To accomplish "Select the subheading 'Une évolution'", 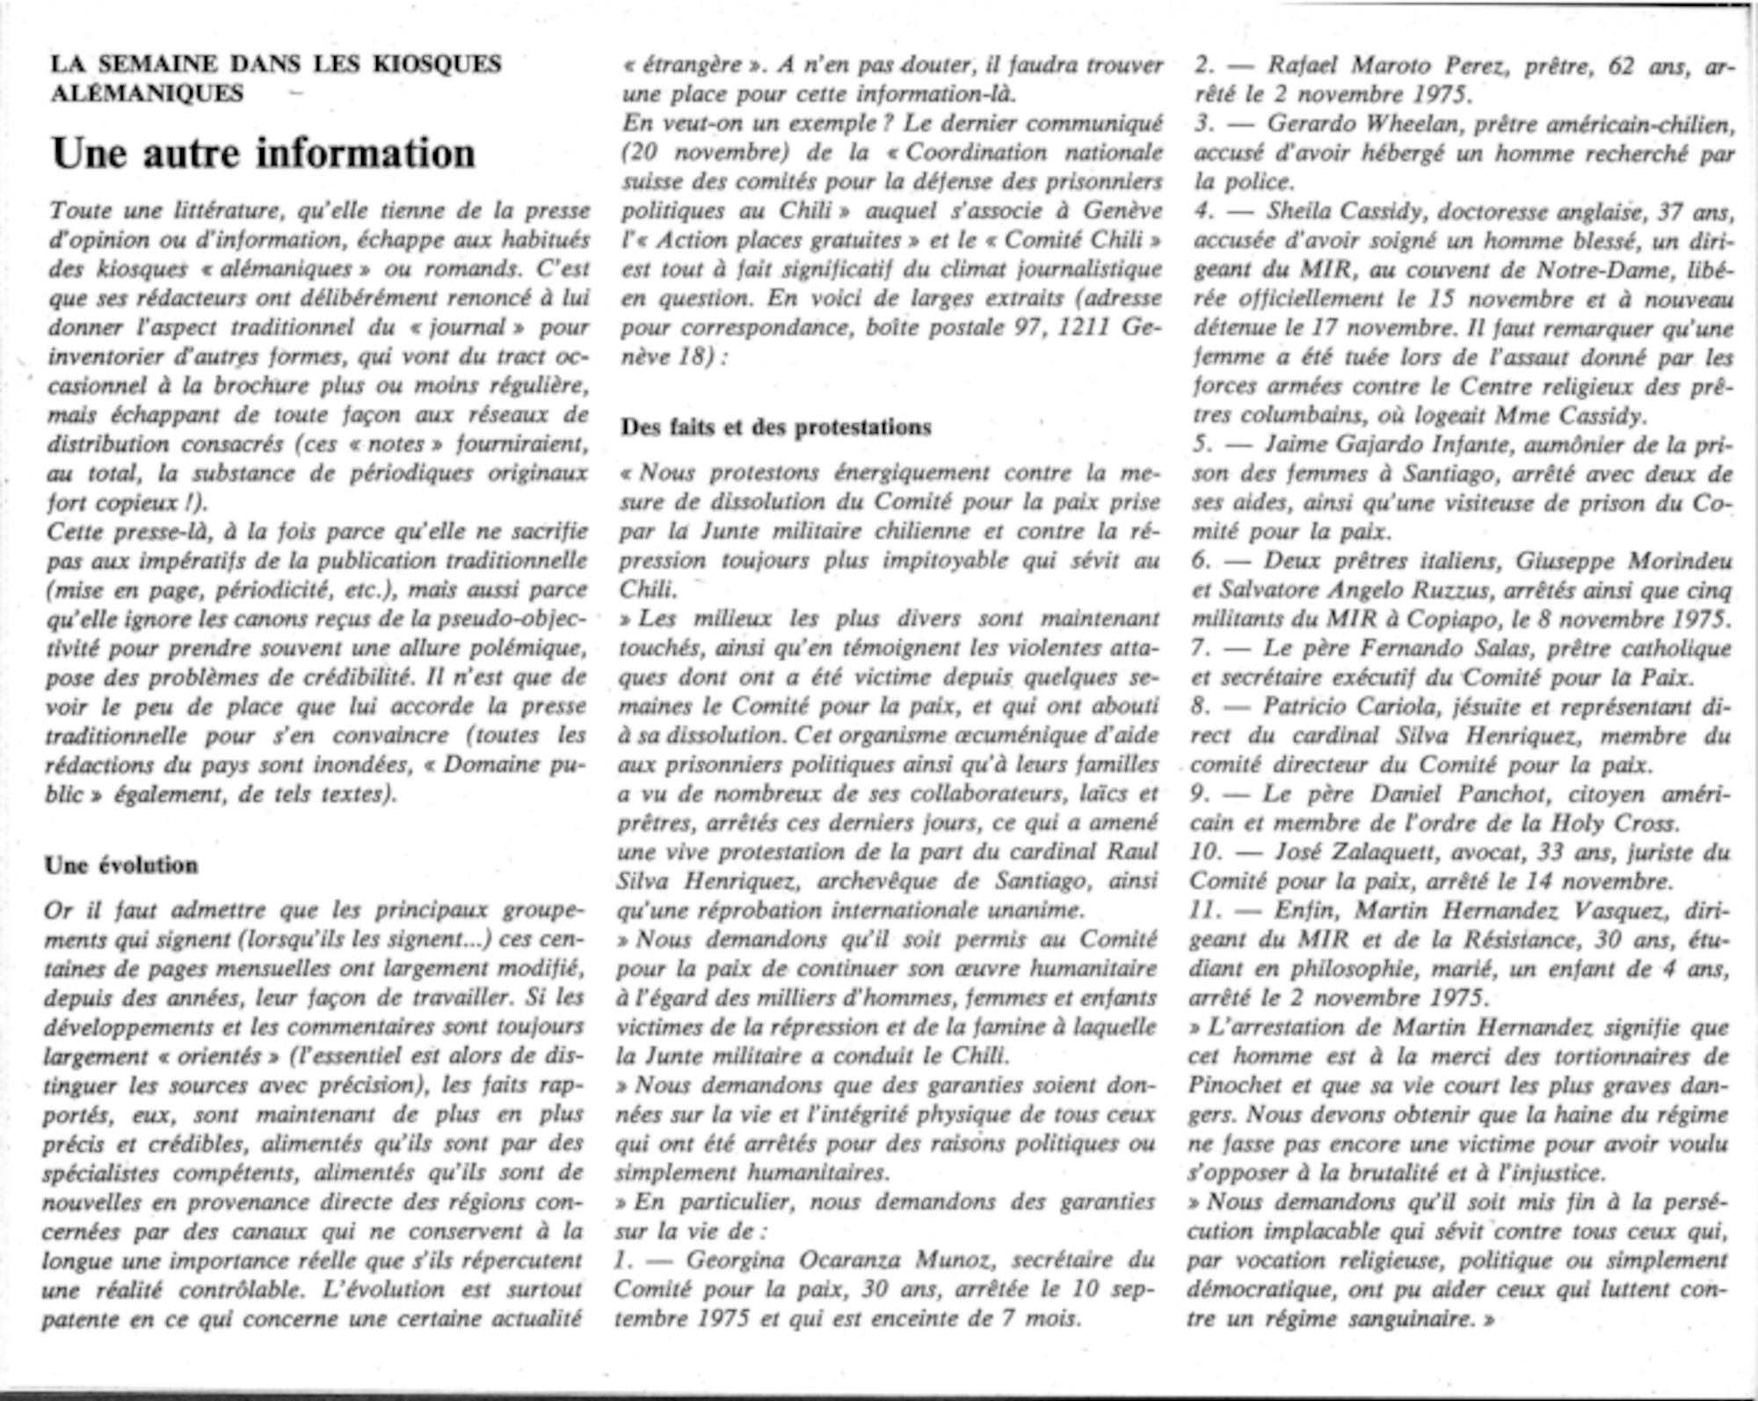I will click(121, 865).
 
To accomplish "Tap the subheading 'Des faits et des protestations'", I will click(776, 427).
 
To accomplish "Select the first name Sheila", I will click(1304, 211).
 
